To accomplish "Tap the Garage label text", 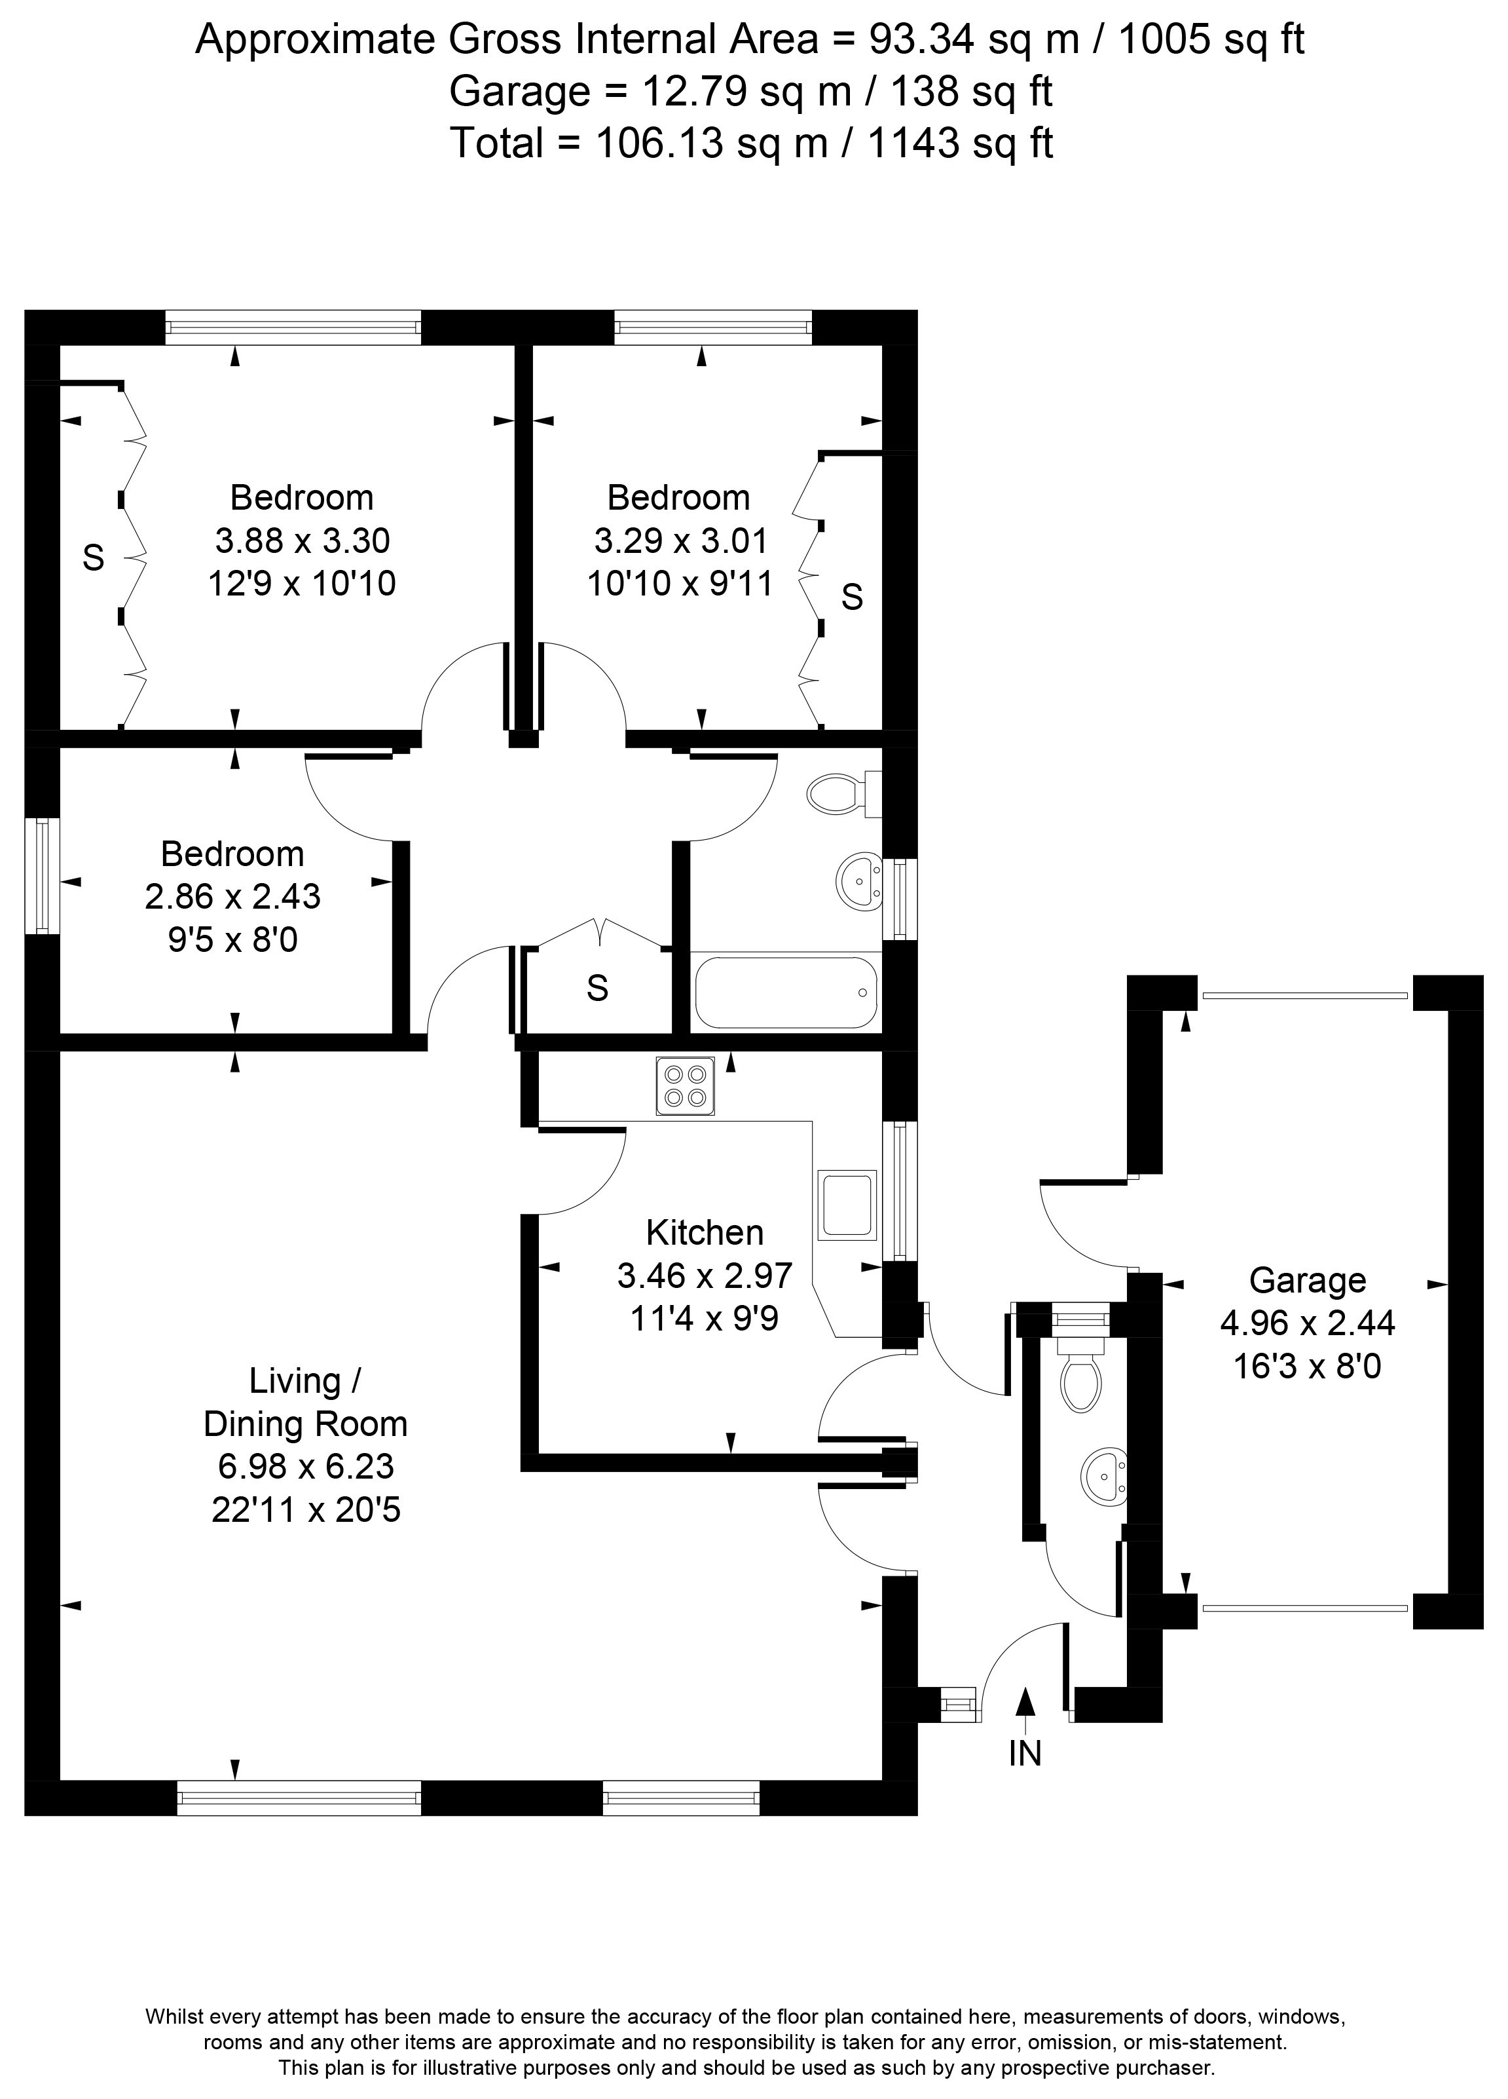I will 1306,1280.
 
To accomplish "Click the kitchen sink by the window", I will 847,1205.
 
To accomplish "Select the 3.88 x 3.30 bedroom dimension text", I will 302,540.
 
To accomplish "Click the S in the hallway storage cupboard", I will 598,989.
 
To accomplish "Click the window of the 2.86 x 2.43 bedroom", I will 43,875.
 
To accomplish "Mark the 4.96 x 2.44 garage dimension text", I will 1306,1323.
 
